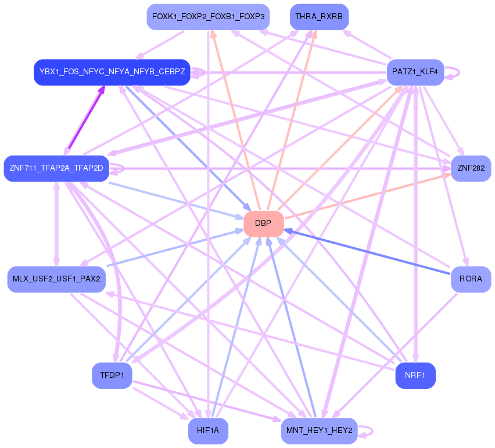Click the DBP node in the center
point(264,224)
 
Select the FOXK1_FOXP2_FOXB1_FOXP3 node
point(208,17)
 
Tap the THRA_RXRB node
point(319,17)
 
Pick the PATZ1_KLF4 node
point(415,73)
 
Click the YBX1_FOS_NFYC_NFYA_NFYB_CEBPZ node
point(112,72)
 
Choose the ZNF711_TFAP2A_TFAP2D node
point(56,168)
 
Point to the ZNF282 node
point(471,168)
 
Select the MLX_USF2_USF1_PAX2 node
point(56,279)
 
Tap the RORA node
point(471,279)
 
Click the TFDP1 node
point(112,375)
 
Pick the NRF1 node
point(415,375)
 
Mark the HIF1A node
point(208,431)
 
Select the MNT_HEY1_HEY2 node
point(319,431)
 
